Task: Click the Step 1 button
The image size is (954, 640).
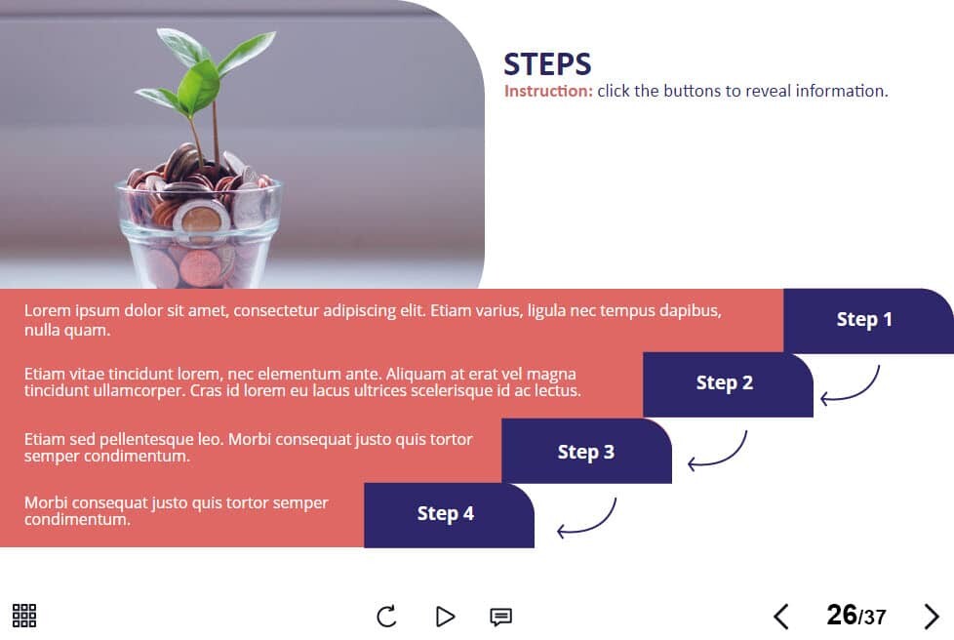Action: pyautogui.click(x=865, y=320)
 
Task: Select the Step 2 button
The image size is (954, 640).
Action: pyautogui.click(x=725, y=383)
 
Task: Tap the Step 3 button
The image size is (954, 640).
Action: pyautogui.click(x=586, y=452)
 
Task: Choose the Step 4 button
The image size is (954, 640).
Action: pyautogui.click(x=446, y=514)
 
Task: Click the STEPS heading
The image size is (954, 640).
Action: pyautogui.click(x=547, y=64)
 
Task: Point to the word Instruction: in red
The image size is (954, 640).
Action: pyautogui.click(x=548, y=92)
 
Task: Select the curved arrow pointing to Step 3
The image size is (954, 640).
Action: pyautogui.click(x=718, y=452)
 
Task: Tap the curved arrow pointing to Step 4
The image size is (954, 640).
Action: pyautogui.click(x=586, y=518)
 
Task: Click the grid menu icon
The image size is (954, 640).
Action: pyautogui.click(x=24, y=616)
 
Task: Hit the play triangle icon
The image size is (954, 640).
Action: pyautogui.click(x=445, y=617)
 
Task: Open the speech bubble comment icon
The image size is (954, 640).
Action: pyautogui.click(x=500, y=617)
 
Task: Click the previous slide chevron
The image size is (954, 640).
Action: pyautogui.click(x=780, y=616)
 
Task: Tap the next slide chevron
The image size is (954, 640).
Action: pyautogui.click(x=931, y=616)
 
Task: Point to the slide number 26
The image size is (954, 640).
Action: pyautogui.click(x=841, y=615)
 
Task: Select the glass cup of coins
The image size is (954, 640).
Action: pyautogui.click(x=200, y=234)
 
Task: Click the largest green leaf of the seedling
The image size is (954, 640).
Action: pyautogui.click(x=199, y=85)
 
